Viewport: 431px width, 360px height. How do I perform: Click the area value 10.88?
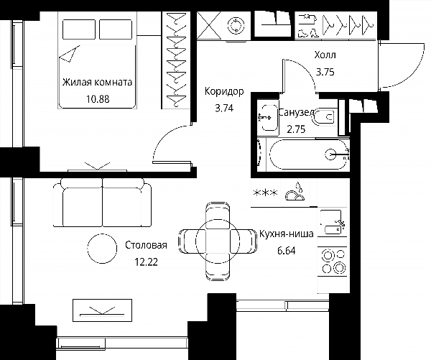(x=98, y=99)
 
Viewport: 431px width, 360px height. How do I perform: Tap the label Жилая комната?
(x=97, y=82)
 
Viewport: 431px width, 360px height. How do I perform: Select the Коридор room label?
(x=224, y=91)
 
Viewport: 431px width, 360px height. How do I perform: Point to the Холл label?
(x=325, y=55)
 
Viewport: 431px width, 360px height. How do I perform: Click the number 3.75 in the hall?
(x=325, y=72)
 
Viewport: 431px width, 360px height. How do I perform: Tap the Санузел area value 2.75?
(x=296, y=129)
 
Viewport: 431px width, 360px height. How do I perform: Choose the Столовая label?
(x=146, y=245)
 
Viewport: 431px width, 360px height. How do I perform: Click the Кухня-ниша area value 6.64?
(x=286, y=251)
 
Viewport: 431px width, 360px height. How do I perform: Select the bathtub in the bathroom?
(x=308, y=154)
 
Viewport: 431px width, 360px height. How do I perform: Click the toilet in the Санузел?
(x=323, y=117)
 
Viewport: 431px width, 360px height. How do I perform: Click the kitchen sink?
(x=333, y=222)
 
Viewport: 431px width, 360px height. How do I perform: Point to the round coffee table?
(x=102, y=249)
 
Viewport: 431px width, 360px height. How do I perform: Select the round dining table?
(x=218, y=240)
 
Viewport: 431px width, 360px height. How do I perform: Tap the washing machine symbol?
(x=236, y=27)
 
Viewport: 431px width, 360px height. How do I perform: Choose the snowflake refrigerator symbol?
(x=265, y=193)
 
